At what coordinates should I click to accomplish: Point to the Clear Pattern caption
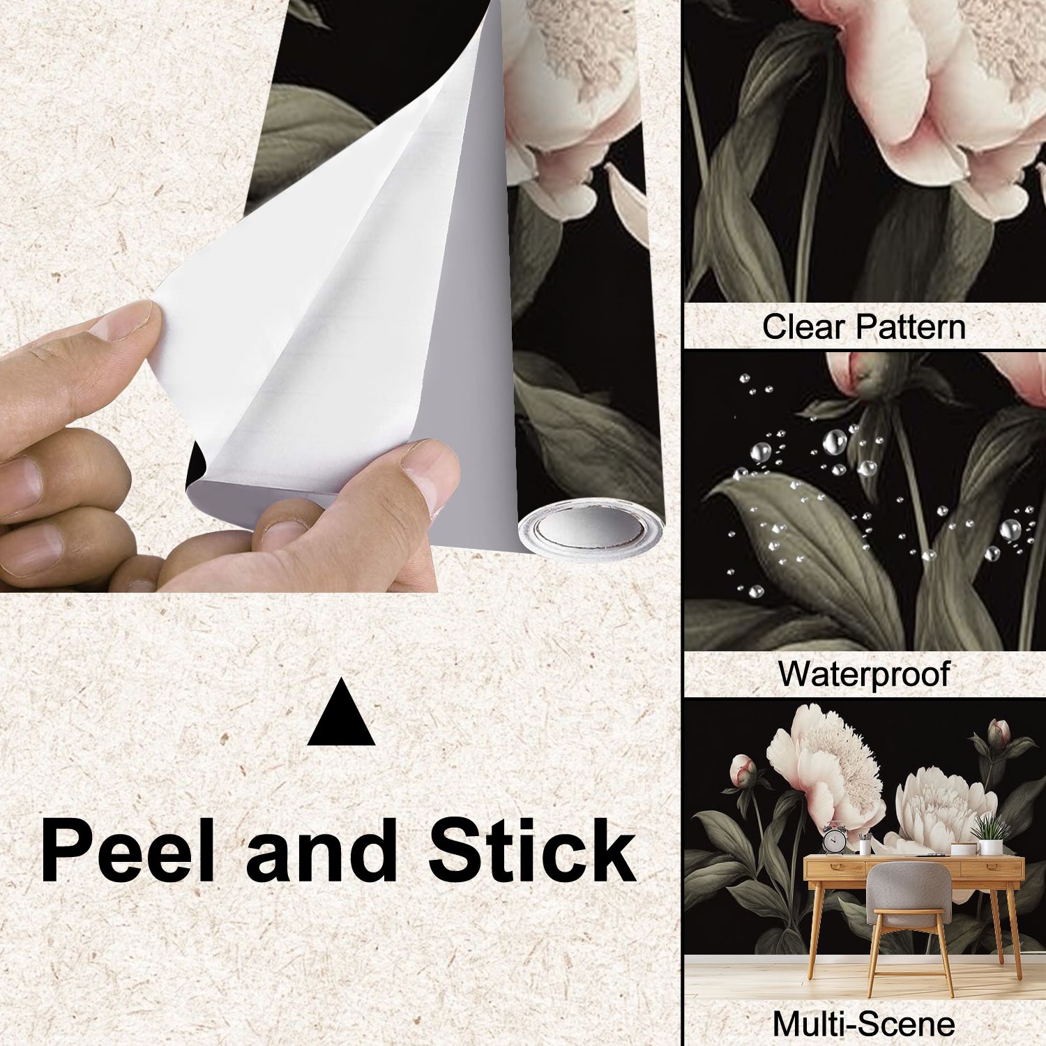(863, 326)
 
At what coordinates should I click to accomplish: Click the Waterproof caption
(864, 674)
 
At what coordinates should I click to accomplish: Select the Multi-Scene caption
(863, 1024)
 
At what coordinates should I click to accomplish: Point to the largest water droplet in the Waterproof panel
(835, 441)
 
